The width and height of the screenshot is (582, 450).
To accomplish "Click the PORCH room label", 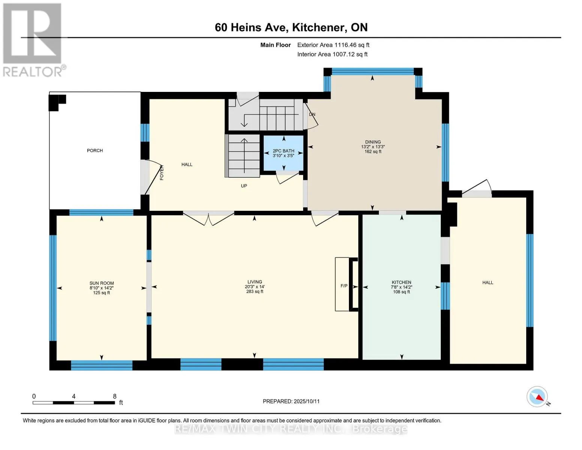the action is coord(95,151).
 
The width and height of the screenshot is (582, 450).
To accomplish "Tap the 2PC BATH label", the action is coord(283,151).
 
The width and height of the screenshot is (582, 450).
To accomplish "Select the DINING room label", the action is coord(373,142).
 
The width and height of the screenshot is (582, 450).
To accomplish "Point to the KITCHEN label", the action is coord(401,282).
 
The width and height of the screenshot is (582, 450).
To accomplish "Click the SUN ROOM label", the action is coord(102,283).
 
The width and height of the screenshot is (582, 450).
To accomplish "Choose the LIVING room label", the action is coord(255,282).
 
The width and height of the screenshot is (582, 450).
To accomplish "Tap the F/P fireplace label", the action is coord(344,286).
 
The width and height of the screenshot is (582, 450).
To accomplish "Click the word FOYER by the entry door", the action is coord(162,172).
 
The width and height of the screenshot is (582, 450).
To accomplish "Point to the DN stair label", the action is coord(312,114).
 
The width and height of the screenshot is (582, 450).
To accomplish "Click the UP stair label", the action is coord(244,186).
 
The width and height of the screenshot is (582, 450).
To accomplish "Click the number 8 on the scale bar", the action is coord(115,396).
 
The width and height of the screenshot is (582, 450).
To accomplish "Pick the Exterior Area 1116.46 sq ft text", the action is coord(333,45).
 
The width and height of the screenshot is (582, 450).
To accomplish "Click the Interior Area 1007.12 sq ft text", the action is coord(332,54).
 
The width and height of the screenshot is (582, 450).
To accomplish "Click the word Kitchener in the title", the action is coord(318,27).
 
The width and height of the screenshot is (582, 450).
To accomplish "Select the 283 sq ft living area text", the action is coord(255,291).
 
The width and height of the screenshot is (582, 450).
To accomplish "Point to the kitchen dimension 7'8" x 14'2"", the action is coord(401,287).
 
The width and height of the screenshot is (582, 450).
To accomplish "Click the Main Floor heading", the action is coord(275,45).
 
